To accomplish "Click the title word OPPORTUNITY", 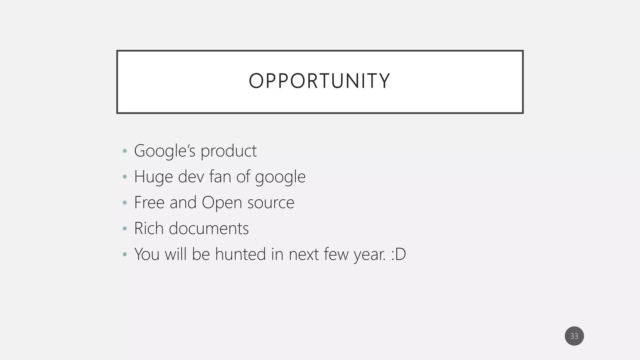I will [x=319, y=81].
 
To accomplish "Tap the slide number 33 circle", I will [x=574, y=336].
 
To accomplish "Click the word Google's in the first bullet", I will [x=164, y=151].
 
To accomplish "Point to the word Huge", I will [x=153, y=177].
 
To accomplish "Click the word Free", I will [x=149, y=202].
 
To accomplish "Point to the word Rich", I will [x=149, y=228].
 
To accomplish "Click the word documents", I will [x=208, y=228].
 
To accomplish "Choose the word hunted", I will [x=240, y=254].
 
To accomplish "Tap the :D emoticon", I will [x=398, y=254].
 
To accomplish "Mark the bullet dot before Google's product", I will [x=125, y=151].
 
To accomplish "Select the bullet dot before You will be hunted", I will [x=125, y=254].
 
